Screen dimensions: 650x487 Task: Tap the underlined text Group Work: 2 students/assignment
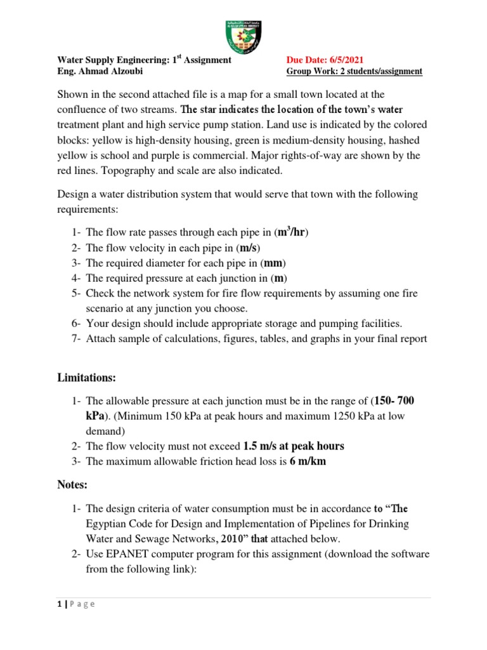[x=354, y=72]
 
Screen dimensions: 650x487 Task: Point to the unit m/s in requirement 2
[x=245, y=247]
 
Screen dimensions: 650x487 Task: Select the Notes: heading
[x=73, y=484]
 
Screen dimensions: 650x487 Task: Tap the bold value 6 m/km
[x=308, y=461]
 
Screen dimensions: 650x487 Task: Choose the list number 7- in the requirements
[x=75, y=339]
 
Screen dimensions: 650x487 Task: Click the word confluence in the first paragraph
[x=84, y=109]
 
